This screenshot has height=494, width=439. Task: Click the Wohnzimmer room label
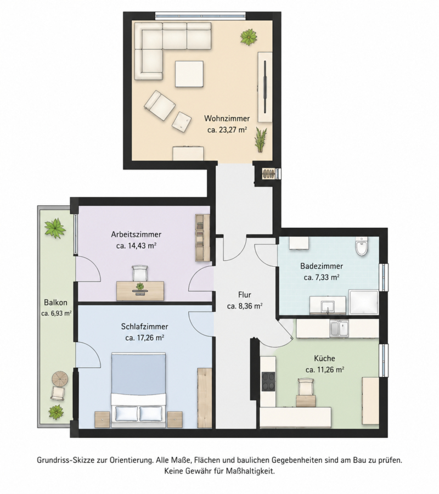[227, 119]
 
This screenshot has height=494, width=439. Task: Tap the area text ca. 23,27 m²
[227, 130]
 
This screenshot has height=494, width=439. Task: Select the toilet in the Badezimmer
[361, 246]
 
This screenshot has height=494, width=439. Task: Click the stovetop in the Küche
[268, 381]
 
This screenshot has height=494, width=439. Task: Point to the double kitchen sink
[339, 329]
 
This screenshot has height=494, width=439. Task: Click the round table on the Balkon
[60, 379]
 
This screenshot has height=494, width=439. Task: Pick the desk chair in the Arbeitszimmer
[140, 273]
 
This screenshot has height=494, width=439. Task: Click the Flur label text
[245, 295]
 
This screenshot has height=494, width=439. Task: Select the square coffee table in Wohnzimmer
[189, 74]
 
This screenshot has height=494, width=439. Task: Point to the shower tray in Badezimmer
[364, 302]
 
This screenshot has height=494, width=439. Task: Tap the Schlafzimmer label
[144, 327]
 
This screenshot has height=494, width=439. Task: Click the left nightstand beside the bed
[102, 419]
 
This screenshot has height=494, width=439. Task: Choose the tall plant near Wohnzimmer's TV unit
[261, 139]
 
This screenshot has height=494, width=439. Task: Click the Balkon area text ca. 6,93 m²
[57, 313]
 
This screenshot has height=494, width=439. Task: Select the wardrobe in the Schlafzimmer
[204, 398]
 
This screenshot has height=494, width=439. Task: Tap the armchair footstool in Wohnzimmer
[182, 122]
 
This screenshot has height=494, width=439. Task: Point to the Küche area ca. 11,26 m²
[325, 369]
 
